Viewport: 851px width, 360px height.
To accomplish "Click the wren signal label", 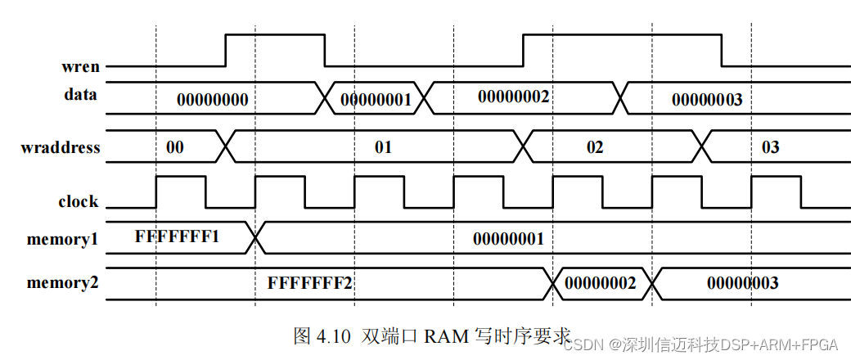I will point(80,66).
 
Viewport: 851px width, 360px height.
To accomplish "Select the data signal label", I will point(80,94).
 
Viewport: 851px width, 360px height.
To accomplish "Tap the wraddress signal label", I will point(61,148).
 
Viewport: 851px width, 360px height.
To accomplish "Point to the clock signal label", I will point(78,201).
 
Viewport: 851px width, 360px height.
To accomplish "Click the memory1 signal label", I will point(62,239).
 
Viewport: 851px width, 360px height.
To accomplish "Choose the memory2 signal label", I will point(62,283).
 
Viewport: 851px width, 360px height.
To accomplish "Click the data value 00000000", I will point(212,100).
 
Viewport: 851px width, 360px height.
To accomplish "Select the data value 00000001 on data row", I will point(375,100).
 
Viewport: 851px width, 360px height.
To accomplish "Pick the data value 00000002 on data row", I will point(513,96).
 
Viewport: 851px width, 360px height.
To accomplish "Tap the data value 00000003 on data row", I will point(707,100).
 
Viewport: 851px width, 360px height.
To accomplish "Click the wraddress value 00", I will point(175,147).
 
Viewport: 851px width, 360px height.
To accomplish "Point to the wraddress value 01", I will point(383,148).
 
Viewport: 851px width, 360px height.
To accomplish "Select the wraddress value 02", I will point(595,148).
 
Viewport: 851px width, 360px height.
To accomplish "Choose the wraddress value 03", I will point(771,148).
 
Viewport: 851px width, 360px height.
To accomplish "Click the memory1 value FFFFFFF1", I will point(177,237).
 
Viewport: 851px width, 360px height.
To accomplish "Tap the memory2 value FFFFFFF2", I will point(309,284).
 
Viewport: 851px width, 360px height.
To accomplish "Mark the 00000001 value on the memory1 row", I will point(508,239).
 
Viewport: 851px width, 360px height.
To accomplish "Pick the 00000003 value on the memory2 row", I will point(742,284).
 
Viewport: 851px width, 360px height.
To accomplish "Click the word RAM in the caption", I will point(442,335).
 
